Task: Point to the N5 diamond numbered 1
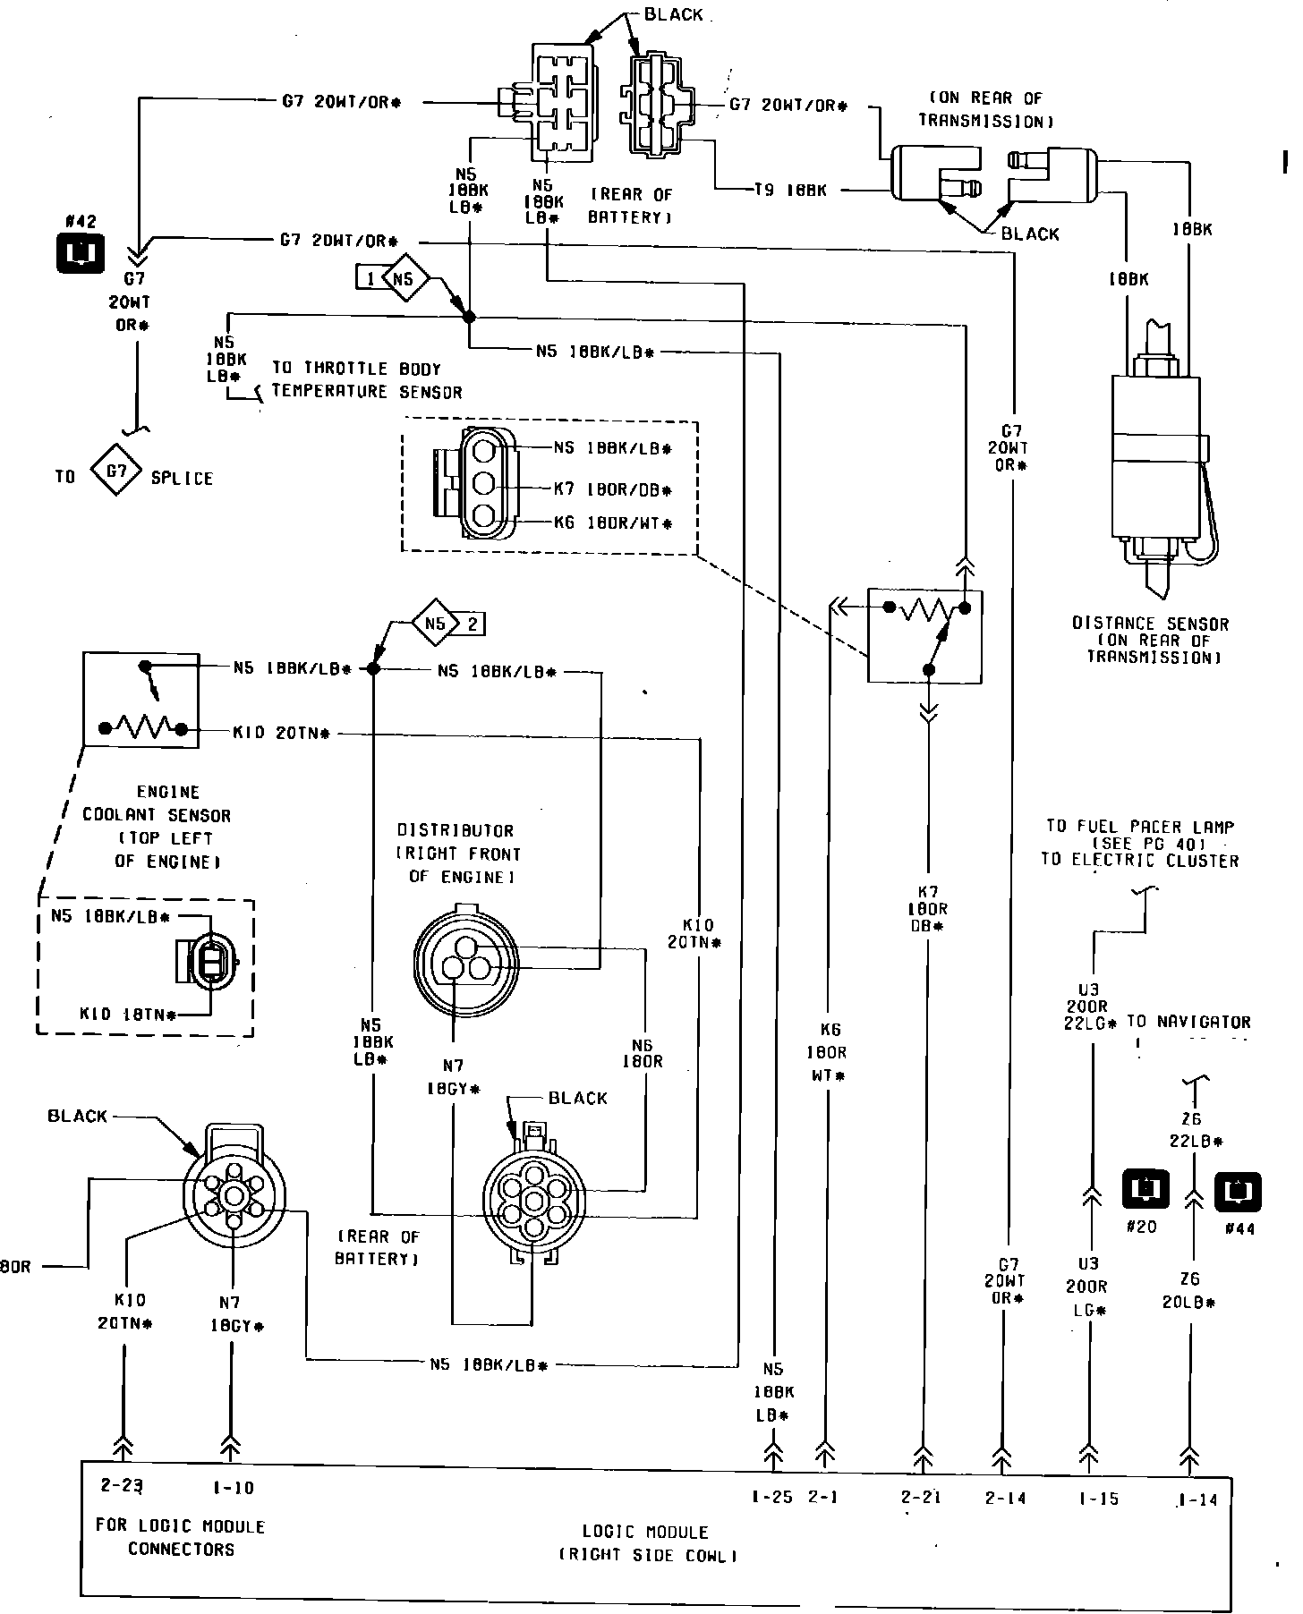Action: click(403, 279)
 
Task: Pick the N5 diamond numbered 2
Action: click(436, 623)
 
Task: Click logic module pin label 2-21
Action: click(920, 1498)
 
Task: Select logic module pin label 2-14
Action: click(1004, 1498)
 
